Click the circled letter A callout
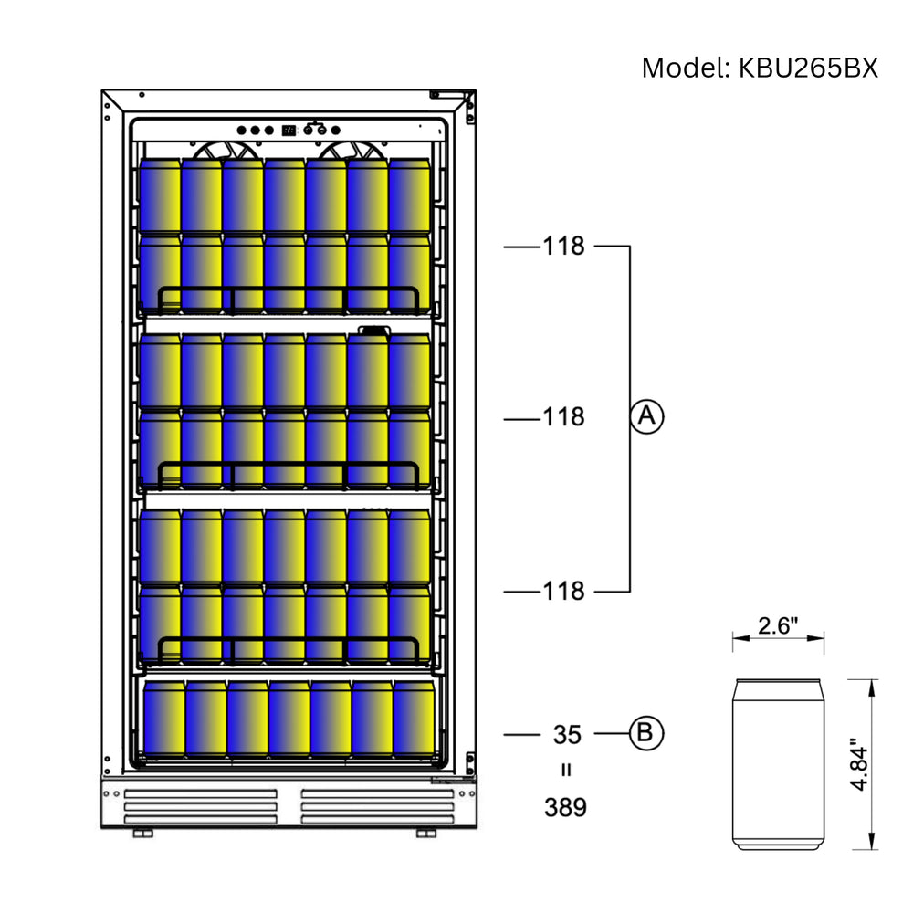646,416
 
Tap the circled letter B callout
646,732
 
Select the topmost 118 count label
563,247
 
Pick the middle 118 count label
563,417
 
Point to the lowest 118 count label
563,592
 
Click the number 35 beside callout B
567,734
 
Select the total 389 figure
565,807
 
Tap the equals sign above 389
566,770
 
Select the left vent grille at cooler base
201,806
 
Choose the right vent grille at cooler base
378,806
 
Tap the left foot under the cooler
143,834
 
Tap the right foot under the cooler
426,834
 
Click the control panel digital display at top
289,130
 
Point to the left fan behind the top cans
221,152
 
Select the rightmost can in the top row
410,194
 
